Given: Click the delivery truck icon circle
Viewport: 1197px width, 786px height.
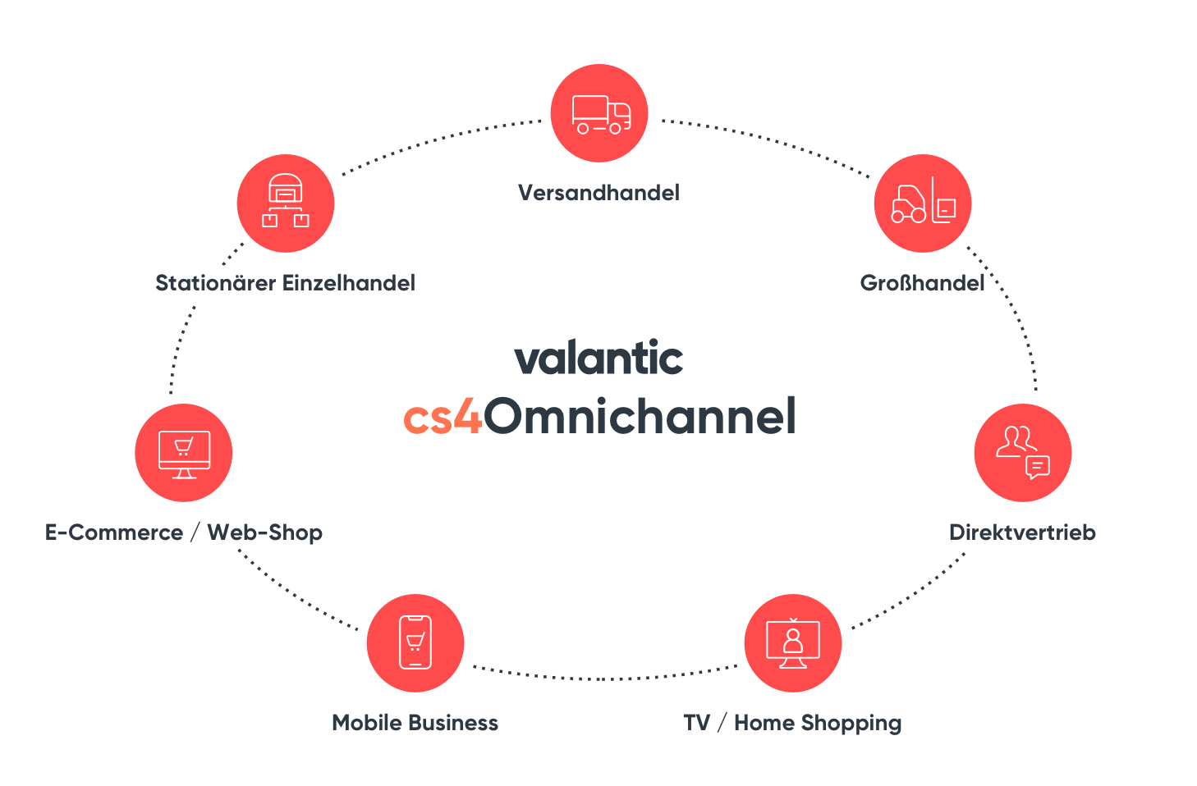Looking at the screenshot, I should tap(599, 113).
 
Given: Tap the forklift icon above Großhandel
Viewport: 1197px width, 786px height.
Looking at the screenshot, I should tap(922, 203).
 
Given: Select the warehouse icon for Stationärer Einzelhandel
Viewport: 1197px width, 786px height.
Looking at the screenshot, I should tap(286, 203).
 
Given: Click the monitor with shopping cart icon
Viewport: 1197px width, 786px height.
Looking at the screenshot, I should tap(184, 453).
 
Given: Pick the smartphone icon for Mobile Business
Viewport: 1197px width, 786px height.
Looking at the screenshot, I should tap(415, 643).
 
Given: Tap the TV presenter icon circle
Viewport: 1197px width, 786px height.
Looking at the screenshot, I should tap(793, 643).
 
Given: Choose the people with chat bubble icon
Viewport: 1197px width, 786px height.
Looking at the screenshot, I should tap(1023, 453).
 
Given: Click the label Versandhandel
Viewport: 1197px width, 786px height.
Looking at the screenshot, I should tap(599, 193).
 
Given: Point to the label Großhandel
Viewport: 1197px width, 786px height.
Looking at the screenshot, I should tap(922, 283).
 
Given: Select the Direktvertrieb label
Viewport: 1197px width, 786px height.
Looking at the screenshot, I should tap(1022, 532).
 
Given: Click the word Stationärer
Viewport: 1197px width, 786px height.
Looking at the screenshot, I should tap(215, 283).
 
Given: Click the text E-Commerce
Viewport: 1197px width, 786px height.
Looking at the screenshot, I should tap(114, 532).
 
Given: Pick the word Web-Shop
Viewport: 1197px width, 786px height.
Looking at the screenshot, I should tap(265, 532).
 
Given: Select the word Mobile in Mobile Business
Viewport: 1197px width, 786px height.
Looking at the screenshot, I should tap(367, 723).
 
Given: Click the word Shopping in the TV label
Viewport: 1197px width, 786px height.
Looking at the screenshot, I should tap(851, 724).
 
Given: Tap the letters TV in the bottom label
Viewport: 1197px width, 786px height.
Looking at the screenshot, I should tap(696, 723).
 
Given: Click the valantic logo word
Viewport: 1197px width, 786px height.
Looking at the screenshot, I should tap(599, 359).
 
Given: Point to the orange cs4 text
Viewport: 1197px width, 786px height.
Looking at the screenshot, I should tap(443, 417).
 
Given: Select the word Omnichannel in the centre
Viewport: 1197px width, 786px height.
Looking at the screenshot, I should tap(640, 416).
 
